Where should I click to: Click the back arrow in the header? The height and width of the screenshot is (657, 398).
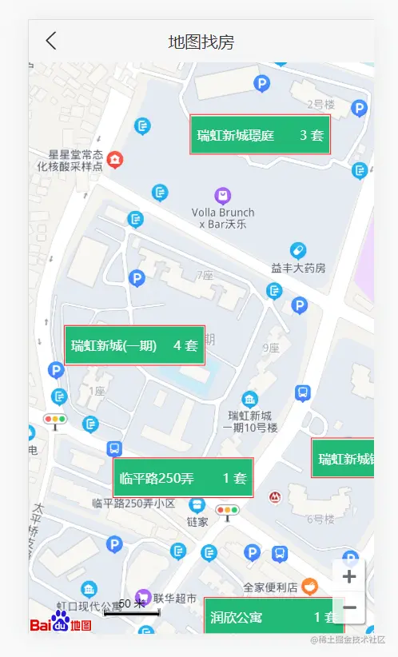[x=51, y=41]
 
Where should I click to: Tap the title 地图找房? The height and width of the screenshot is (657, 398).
[x=201, y=42]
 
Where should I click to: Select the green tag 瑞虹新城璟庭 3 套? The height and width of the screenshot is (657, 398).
[x=260, y=135]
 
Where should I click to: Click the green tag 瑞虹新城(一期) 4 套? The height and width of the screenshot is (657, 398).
[x=134, y=345]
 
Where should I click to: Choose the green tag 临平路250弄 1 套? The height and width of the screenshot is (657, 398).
[x=183, y=478]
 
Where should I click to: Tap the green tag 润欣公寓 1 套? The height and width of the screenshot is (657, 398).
[x=273, y=616]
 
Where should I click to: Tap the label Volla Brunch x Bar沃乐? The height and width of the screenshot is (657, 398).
[x=223, y=218]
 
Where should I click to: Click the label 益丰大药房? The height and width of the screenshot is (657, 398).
[x=298, y=268]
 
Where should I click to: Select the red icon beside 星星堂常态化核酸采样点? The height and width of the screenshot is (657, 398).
[x=116, y=160]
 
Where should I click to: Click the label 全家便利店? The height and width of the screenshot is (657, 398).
[x=270, y=587]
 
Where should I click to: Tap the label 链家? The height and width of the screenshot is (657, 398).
[x=197, y=522]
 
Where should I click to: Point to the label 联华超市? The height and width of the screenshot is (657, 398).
[x=175, y=598]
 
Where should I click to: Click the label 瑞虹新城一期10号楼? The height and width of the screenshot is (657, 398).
[x=250, y=421]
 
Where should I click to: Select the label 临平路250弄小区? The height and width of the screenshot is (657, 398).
[x=133, y=503]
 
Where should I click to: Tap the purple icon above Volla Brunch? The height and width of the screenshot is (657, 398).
[x=223, y=195]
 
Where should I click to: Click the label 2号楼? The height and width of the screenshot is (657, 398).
[x=320, y=104]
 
